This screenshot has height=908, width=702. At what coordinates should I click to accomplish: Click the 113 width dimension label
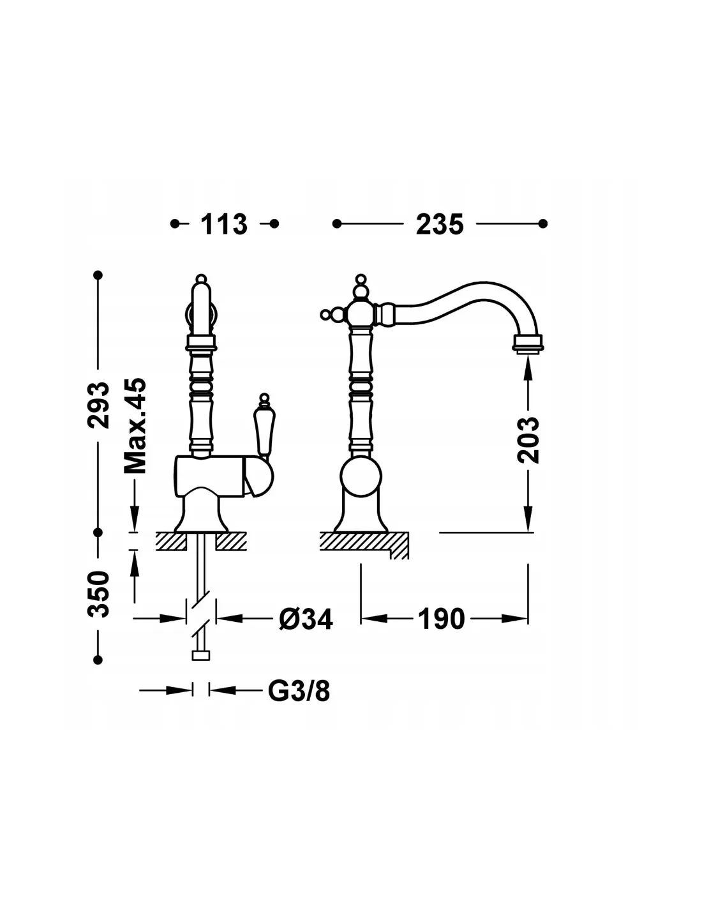coord(224,224)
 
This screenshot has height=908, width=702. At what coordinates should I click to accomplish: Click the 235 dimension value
coord(439,224)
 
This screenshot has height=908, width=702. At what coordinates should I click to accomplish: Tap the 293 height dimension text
coord(98,405)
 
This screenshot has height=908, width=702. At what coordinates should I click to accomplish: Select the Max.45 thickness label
coord(135,426)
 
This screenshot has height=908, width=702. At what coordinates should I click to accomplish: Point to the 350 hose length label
coord(98,594)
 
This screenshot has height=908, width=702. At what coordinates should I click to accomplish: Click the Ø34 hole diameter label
coord(306,619)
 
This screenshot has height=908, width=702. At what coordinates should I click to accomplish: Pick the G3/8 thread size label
coord(299,691)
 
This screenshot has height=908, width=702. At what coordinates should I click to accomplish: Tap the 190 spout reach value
coord(441,619)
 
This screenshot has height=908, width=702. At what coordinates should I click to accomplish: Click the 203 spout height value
coord(528,440)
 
